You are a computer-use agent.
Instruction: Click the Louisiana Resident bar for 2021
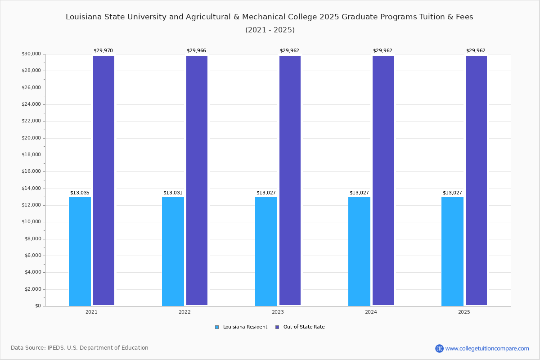pos(80,251)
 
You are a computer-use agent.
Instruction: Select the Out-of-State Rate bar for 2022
pos(197,180)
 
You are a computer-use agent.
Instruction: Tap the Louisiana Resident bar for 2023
pos(266,251)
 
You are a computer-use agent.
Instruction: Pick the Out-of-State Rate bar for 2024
pos(383,180)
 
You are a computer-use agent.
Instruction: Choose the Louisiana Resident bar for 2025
pos(452,251)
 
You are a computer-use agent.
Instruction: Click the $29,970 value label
pos(103,51)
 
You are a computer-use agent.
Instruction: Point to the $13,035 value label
pos(80,193)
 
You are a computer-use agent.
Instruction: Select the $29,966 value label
pos(196,51)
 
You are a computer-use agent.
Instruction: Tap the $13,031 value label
pos(173,193)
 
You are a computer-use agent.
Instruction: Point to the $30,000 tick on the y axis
pos(31,54)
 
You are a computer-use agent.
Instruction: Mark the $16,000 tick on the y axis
pos(31,171)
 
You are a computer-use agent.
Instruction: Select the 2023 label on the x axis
pos(278,312)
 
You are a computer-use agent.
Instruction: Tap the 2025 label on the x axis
pos(464,312)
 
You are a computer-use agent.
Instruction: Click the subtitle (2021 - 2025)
pos(270,30)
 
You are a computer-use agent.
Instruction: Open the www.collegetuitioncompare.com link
pos(487,348)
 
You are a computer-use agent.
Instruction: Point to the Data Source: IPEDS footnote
pos(80,348)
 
